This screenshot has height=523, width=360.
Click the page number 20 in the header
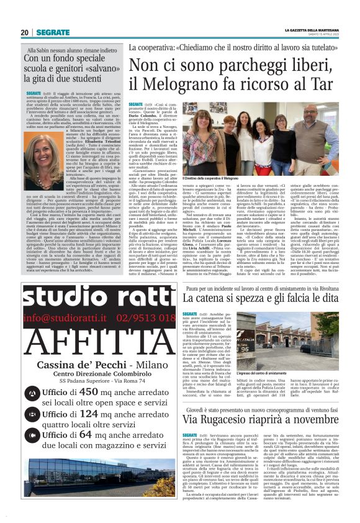tap(25, 32)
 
